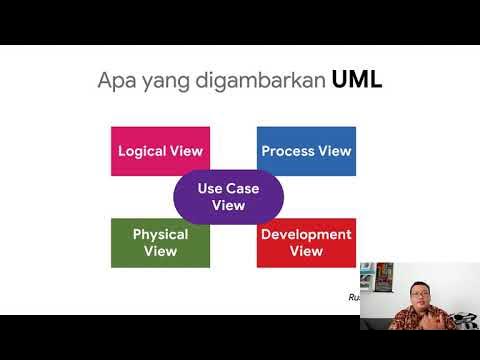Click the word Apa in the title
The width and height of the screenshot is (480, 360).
coord(115,81)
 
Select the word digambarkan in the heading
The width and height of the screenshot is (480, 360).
coord(260,81)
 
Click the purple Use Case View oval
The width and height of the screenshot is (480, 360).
coord(228,197)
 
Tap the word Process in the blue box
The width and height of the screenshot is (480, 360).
coord(287,152)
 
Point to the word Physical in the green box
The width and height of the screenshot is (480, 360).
coord(160,235)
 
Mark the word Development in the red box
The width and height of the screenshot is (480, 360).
coord(306,235)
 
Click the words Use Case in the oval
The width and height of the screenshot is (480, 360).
coord(228,188)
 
